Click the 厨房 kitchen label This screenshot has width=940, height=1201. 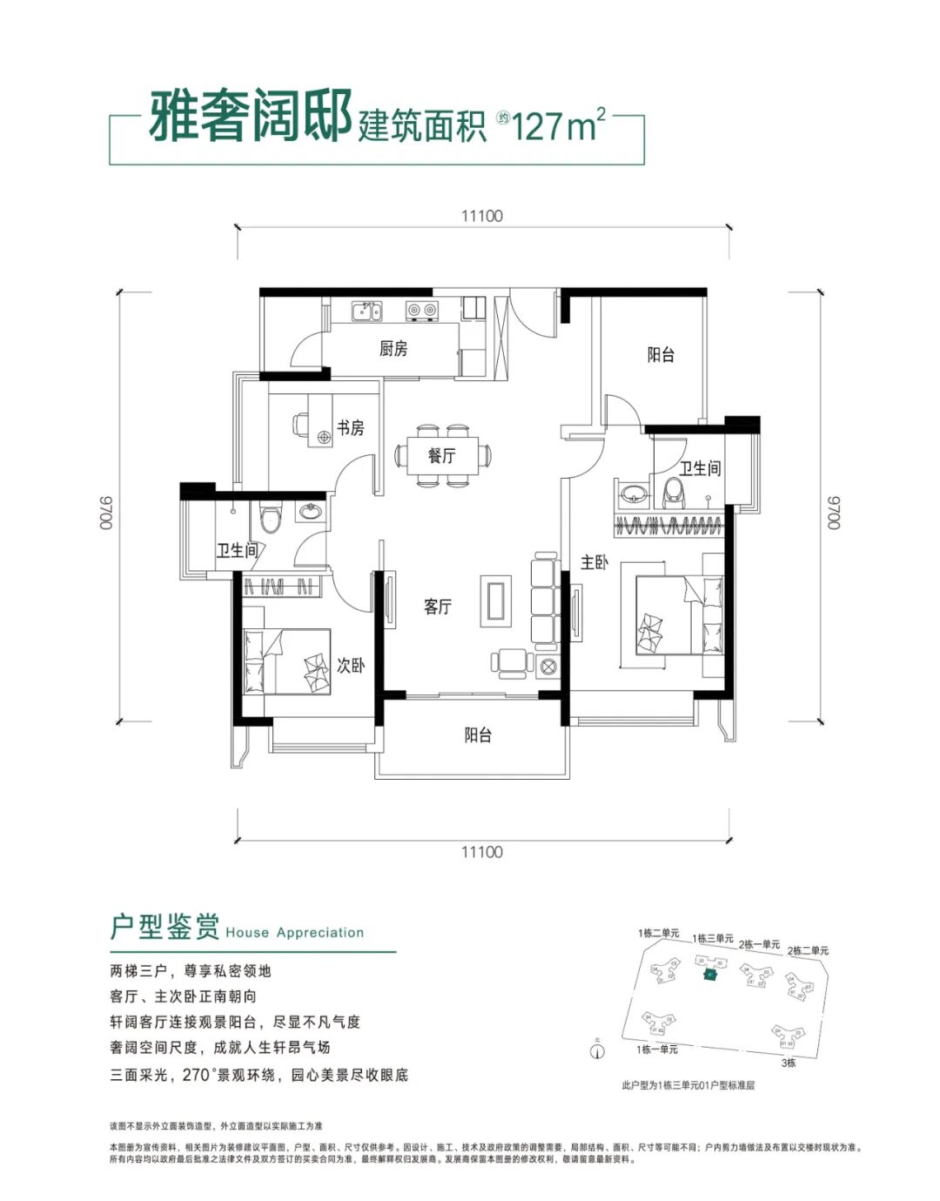pos(393,349)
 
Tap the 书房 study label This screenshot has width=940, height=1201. pos(350,428)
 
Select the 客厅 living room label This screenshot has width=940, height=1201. pos(437,607)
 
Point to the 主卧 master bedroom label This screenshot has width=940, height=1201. pos(594,563)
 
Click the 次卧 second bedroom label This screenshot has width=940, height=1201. pos(350,666)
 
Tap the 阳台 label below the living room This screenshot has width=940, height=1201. pos(477,735)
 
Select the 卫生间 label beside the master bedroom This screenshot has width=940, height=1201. pos(700,468)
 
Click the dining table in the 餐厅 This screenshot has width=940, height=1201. pos(442,455)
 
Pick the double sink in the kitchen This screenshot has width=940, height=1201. pos(366,311)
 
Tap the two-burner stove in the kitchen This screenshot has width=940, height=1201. pos(422,310)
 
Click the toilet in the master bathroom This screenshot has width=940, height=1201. pos(674,493)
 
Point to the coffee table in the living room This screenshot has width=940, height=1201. pos(496,600)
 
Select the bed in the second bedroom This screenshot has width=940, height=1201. pos(286,661)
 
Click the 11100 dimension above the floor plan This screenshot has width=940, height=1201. pos(481,216)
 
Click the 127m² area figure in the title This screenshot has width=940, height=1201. pos(558,126)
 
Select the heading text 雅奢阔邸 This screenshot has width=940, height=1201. pos(250,117)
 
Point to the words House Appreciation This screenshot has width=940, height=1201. pos(294,932)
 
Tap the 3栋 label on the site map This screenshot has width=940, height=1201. pos(788,1063)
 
